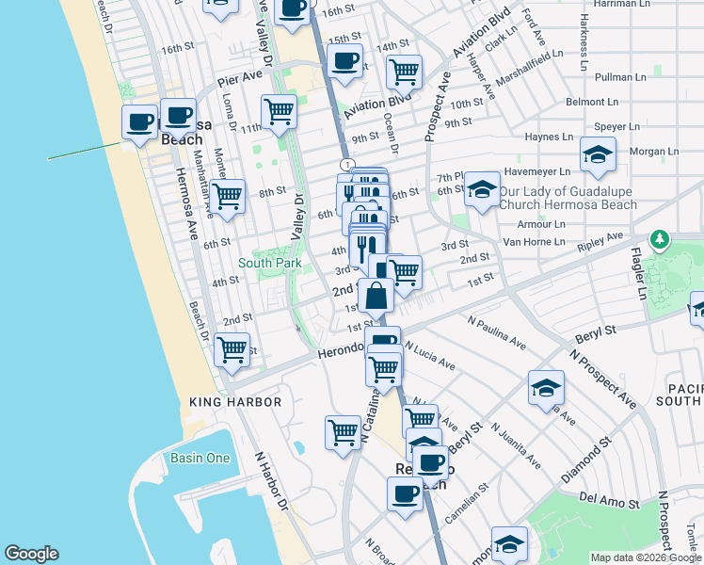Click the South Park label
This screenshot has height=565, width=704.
coord(269,263)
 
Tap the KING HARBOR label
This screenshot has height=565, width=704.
coord(235,402)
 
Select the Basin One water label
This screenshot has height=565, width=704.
coord(200,458)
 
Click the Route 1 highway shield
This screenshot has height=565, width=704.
coord(348,165)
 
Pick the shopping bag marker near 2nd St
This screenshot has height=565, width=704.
coord(376,295)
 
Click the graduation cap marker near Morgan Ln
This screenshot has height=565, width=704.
coord(597,155)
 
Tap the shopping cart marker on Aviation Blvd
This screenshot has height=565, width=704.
coord(404,71)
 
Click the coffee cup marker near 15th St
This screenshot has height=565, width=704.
coord(344,62)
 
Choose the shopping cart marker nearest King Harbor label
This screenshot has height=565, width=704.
coord(232,349)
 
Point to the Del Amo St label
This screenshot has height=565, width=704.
coord(601,496)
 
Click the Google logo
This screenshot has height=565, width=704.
coord(31,554)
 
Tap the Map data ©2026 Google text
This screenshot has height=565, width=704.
coord(645,557)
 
